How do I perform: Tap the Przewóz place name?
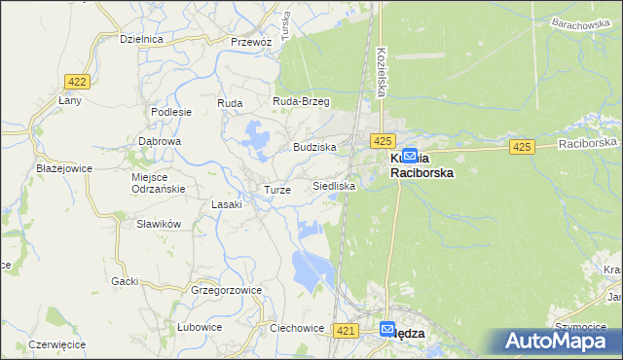click(x=250, y=42)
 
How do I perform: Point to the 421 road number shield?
click(x=343, y=332)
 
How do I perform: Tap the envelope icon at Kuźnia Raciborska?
click(x=410, y=155)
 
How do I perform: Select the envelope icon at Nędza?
click(x=387, y=330)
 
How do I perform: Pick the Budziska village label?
click(x=314, y=147)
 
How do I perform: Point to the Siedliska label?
click(x=334, y=185)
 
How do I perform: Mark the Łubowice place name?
click(x=200, y=327)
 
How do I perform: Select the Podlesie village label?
click(x=171, y=112)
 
